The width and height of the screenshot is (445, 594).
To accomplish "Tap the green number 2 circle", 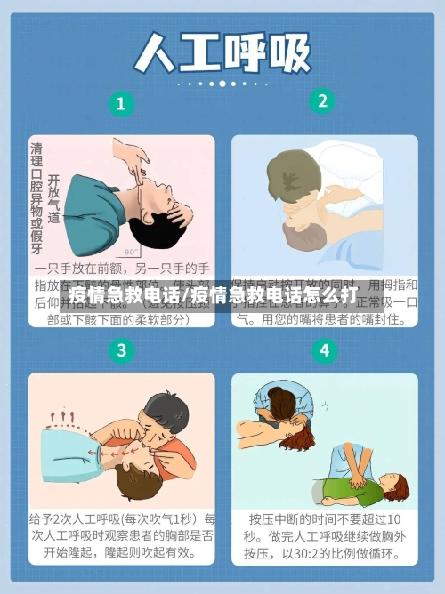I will [322, 100].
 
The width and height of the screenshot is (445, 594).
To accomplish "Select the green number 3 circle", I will [121, 349].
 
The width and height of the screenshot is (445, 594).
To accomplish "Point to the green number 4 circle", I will [323, 349].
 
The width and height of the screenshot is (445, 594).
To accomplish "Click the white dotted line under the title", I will [222, 84].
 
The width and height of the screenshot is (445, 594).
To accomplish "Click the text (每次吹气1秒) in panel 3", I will [157, 518].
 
